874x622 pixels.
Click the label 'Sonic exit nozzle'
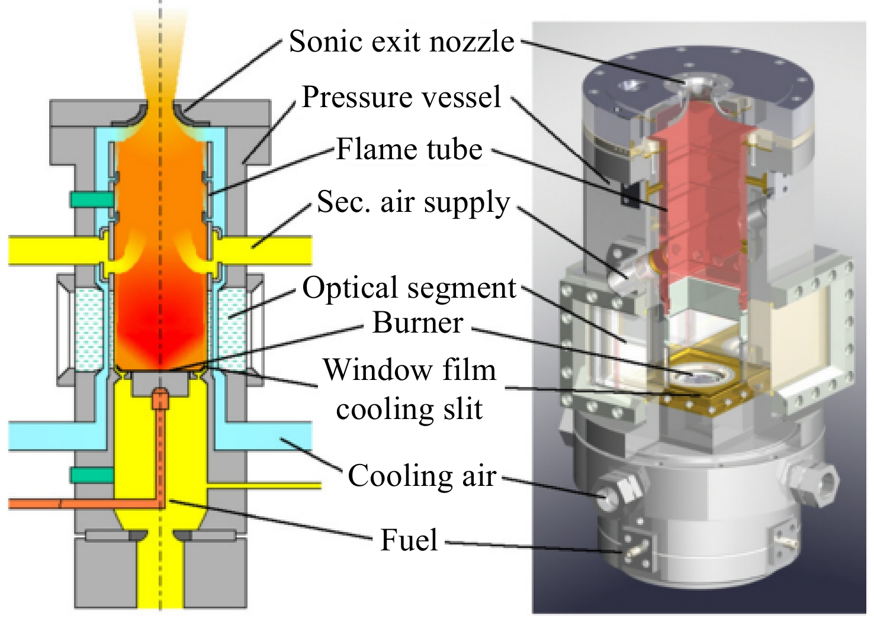[x=401, y=41]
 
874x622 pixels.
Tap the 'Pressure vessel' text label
[x=401, y=96]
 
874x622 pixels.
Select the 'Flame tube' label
[x=409, y=149]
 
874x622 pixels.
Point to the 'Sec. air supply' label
[x=413, y=202]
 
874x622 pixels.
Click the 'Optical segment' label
[x=410, y=288]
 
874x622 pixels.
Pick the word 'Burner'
[x=418, y=323]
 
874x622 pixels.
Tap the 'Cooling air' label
[x=422, y=476]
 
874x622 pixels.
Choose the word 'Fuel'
[x=409, y=540]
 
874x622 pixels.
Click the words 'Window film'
[x=410, y=369]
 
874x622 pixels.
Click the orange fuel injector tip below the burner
[x=160, y=398]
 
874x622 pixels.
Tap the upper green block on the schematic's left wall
[x=92, y=199]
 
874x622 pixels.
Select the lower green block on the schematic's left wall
[x=92, y=475]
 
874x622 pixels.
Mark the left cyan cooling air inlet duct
[x=57, y=436]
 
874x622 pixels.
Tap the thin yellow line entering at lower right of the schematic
[x=264, y=485]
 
